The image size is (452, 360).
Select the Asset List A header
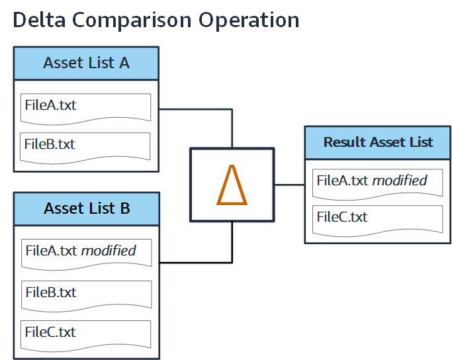point(86,64)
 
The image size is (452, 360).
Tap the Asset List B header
point(87,209)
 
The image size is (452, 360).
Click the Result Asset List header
point(378,142)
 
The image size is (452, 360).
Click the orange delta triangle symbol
point(232,185)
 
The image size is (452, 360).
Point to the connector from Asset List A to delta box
point(199,109)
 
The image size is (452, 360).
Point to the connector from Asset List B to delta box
point(199,263)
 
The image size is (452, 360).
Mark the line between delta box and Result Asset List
point(290,185)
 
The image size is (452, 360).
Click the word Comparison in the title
point(136,20)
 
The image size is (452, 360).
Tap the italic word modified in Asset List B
point(109,251)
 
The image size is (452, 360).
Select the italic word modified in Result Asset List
point(400,180)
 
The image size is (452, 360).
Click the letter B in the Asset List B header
point(124,209)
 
